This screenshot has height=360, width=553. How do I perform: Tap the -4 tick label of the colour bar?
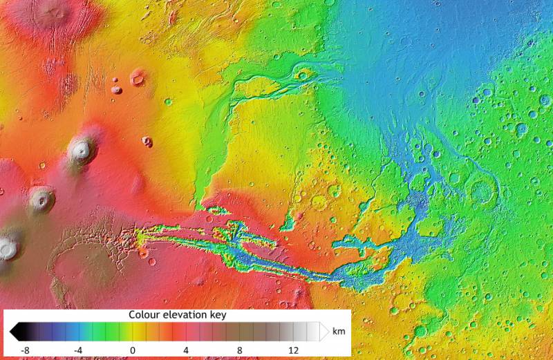(x=78, y=350)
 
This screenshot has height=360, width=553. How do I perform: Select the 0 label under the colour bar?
(x=132, y=350)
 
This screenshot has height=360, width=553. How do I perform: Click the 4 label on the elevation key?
(x=186, y=350)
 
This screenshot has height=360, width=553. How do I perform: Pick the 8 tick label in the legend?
(x=240, y=350)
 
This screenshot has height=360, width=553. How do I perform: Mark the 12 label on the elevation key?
(x=293, y=350)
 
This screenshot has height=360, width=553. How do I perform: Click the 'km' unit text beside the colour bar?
(x=338, y=331)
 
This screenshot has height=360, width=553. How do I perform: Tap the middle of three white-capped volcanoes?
(x=41, y=200)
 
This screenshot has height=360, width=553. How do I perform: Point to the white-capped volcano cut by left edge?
(x=7, y=247)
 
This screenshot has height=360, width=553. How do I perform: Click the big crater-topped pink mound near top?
(x=138, y=79)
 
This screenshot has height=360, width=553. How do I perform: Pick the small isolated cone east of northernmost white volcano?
(x=147, y=142)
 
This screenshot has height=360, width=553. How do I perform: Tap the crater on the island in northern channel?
(x=302, y=75)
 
